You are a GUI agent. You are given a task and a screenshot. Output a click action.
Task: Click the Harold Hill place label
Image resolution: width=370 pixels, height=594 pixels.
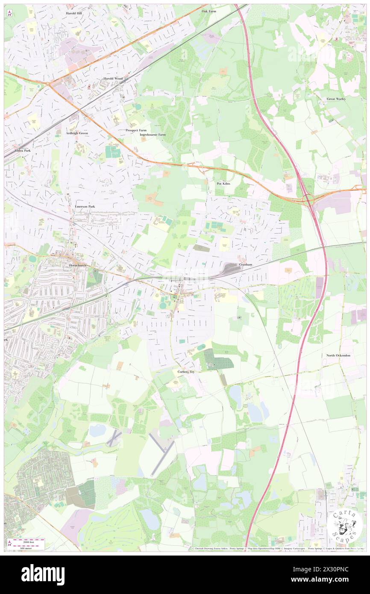click(76, 13)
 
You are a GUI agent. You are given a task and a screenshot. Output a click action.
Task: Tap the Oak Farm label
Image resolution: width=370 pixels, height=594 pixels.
click(209, 11)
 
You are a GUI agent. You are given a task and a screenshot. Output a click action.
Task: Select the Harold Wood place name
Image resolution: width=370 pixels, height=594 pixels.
click(113, 79)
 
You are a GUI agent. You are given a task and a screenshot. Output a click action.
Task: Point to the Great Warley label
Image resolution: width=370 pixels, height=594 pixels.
click(336, 99)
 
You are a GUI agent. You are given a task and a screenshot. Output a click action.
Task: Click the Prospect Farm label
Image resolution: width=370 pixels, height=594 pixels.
click(136, 130)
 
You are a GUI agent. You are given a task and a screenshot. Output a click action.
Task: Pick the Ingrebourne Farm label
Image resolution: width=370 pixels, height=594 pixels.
click(153, 135)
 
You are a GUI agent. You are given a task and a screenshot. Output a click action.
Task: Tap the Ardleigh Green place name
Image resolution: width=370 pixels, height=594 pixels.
click(77, 133)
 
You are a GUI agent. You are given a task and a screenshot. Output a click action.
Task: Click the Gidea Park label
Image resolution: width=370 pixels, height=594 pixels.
click(23, 150)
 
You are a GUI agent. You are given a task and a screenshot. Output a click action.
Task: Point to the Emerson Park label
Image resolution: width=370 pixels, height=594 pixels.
click(85, 206)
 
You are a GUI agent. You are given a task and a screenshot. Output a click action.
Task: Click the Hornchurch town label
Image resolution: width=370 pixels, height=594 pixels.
click(78, 265)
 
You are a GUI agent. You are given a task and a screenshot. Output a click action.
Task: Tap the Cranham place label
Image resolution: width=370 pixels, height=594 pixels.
click(246, 265)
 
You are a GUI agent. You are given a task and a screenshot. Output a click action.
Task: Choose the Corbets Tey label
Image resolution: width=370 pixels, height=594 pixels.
click(186, 372)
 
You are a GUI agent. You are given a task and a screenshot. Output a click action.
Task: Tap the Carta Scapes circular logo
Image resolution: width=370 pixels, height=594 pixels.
click(345, 525)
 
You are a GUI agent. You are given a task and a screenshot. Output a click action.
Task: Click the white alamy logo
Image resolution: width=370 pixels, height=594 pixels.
click(43, 575)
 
